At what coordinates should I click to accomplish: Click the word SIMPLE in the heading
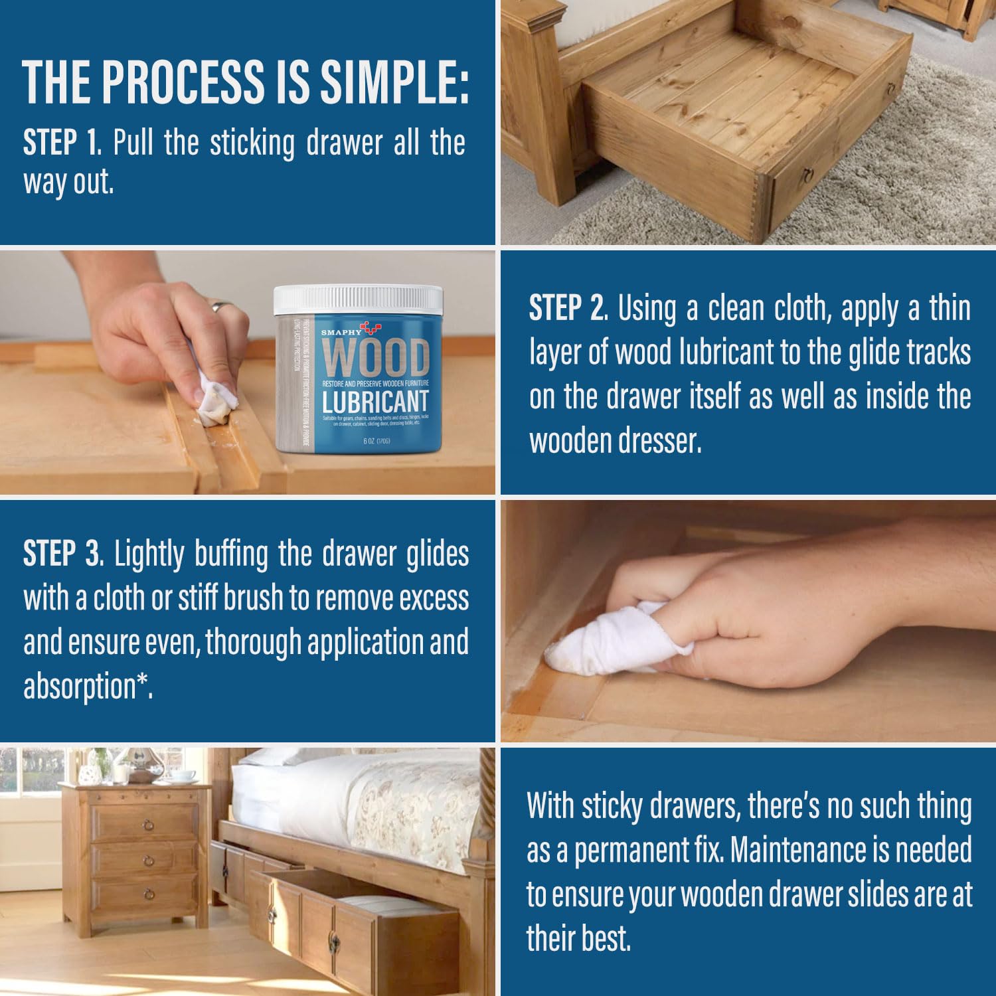click(x=394, y=82)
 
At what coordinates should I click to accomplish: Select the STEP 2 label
click(x=568, y=309)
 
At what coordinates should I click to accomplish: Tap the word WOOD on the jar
click(x=376, y=359)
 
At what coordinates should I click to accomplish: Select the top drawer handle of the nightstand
click(x=148, y=825)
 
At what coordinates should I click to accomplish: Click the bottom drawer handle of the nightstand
click(x=149, y=894)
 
